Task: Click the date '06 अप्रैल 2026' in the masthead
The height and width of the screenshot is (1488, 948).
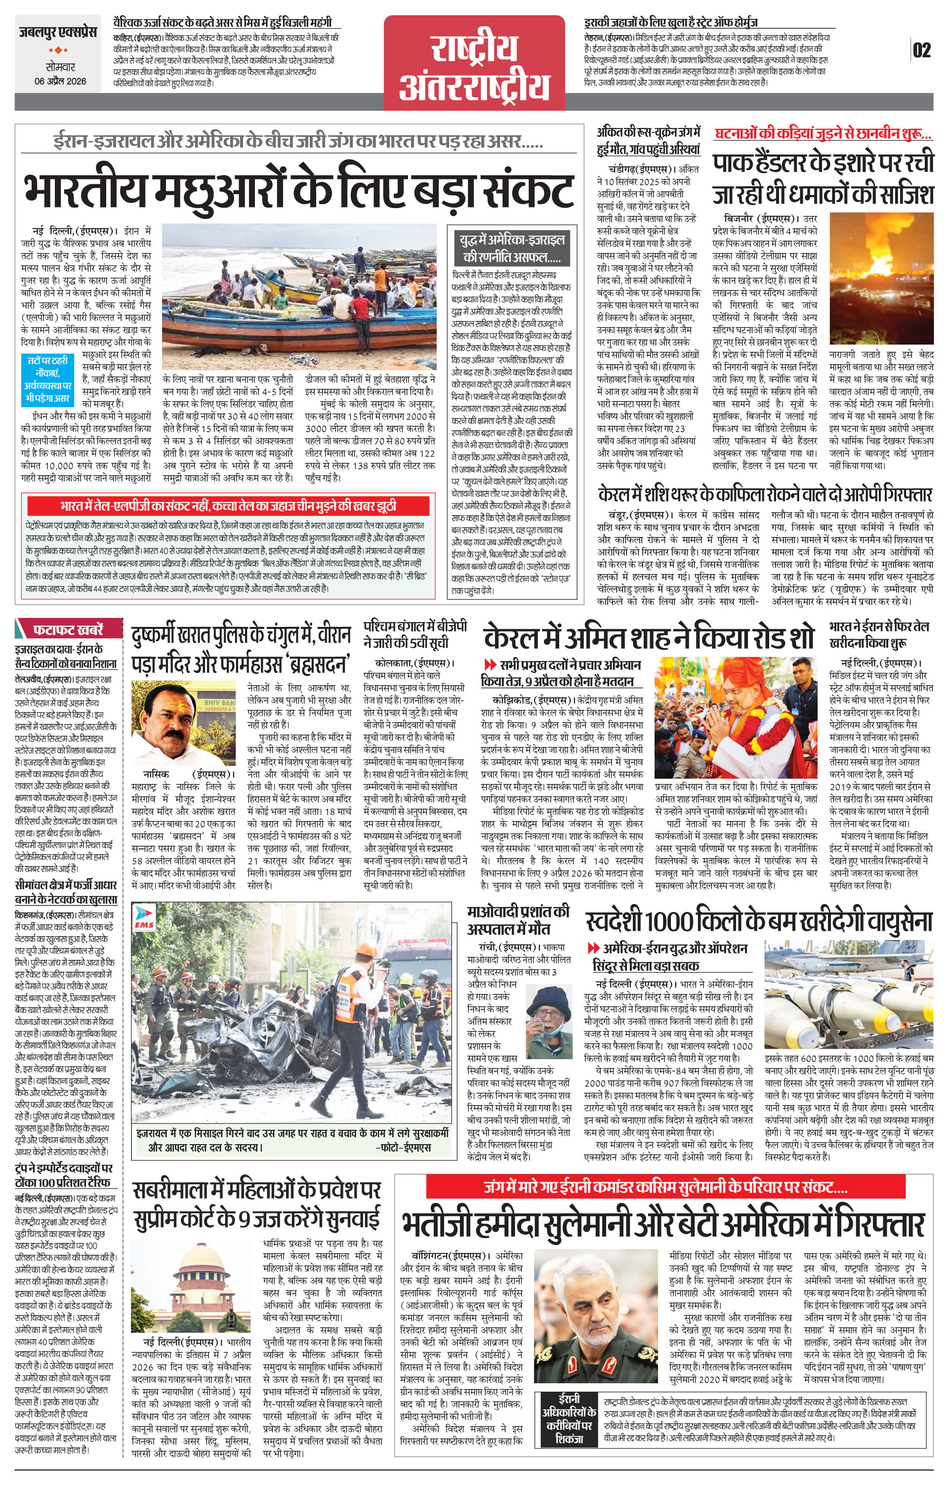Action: pos(60,81)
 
